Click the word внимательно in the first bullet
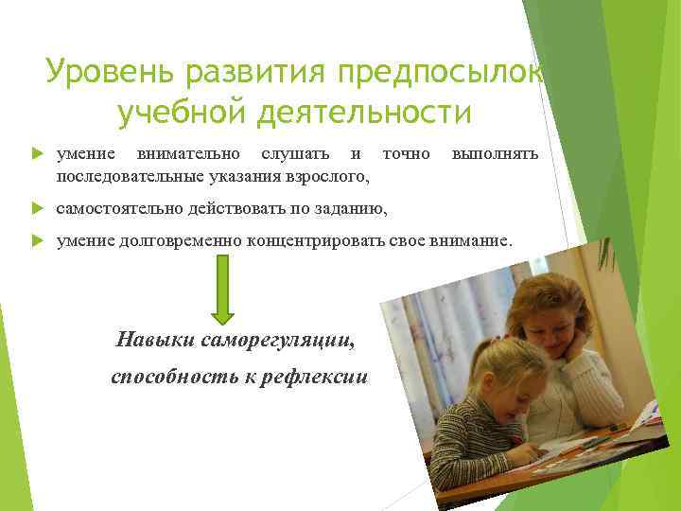pos(187,153)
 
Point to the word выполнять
pos(495,153)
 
